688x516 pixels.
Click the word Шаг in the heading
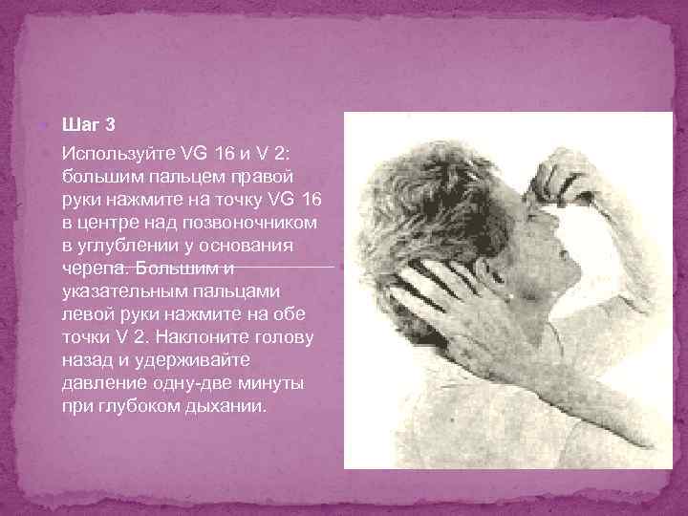click(78, 124)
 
